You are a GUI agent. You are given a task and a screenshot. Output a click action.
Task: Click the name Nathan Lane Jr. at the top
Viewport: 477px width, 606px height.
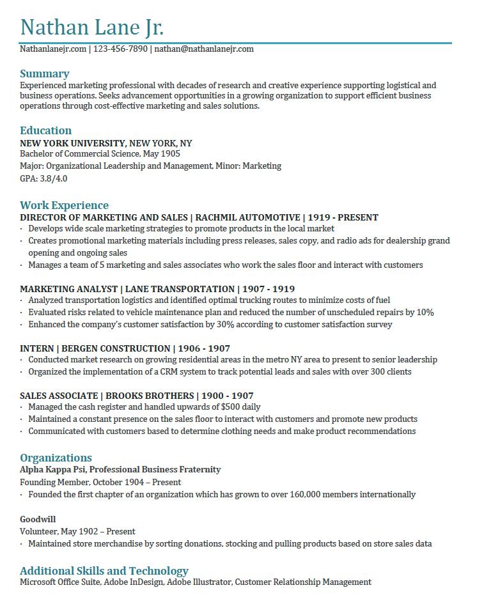92,27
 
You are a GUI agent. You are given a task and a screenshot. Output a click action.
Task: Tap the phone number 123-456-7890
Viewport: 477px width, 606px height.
120,49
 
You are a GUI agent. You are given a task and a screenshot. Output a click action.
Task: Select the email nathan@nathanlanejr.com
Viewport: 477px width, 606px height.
204,49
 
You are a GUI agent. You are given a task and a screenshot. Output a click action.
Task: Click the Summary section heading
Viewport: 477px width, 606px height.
44,74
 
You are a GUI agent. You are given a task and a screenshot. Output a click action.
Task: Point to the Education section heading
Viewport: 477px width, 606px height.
45,130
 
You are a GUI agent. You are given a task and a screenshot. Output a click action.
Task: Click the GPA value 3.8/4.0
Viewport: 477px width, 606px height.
53,178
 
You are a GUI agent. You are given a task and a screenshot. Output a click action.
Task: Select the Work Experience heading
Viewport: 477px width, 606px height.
64,205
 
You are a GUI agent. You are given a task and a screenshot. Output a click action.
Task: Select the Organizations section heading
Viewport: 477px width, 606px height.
56,458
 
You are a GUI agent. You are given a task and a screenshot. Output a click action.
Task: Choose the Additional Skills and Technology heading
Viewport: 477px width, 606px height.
104,571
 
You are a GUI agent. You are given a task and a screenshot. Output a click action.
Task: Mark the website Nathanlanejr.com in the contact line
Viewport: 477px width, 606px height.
52,49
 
